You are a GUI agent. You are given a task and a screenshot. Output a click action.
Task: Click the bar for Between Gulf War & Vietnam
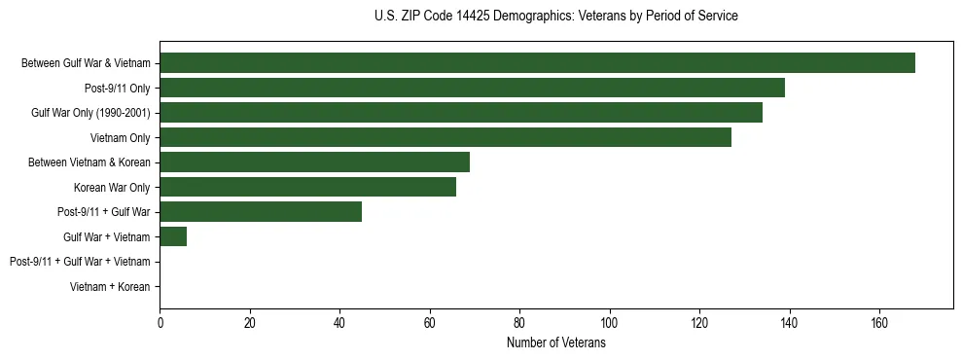[x=537, y=63]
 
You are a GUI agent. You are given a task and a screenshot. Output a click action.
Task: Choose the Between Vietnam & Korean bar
[x=315, y=162]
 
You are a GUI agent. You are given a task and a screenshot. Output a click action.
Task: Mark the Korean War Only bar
[x=308, y=187]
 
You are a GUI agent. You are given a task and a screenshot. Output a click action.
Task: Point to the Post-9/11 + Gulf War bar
[x=261, y=212]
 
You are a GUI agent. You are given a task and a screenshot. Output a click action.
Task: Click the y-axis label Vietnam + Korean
[x=110, y=287]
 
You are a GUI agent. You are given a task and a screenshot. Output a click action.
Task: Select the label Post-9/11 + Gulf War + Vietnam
[x=80, y=262]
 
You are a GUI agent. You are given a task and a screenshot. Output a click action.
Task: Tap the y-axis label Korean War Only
[x=112, y=187]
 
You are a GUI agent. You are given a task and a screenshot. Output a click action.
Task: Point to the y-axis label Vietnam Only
[x=121, y=138]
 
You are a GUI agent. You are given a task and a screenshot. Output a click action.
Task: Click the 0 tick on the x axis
[x=160, y=323]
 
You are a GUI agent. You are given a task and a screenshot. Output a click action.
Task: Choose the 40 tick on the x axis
[x=339, y=323]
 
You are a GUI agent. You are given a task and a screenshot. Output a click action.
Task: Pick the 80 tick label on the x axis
[x=519, y=323]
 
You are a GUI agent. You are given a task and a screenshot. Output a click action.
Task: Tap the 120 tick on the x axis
[x=699, y=323]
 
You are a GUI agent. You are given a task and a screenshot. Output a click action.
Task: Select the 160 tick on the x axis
[x=879, y=323]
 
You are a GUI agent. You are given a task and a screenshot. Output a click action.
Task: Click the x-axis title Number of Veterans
[x=556, y=342]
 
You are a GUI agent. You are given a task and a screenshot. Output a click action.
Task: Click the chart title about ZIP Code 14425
[x=556, y=17]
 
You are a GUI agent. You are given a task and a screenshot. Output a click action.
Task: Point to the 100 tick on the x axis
[x=610, y=323]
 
